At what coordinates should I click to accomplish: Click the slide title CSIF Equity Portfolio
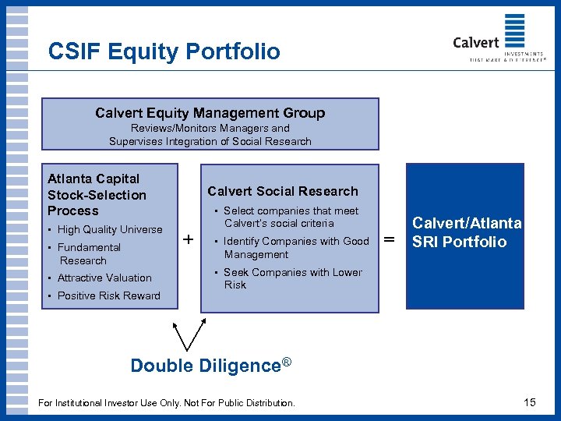click(164, 51)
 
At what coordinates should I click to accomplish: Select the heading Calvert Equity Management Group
click(210, 113)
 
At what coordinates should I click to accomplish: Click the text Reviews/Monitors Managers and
click(210, 128)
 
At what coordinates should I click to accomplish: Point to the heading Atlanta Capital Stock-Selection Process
click(97, 195)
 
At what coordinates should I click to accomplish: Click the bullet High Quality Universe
click(109, 229)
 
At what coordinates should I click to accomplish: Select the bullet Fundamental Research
click(89, 253)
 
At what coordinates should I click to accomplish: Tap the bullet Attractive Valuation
click(104, 278)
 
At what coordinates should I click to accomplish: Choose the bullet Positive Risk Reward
click(108, 295)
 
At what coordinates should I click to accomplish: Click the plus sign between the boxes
click(189, 239)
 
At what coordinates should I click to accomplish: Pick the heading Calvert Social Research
click(282, 191)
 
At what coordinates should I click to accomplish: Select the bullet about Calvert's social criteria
click(290, 217)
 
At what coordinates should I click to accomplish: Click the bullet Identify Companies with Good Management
click(295, 247)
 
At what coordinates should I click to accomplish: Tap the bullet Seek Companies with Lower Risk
click(292, 278)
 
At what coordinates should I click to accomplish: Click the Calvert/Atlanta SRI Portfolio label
click(466, 233)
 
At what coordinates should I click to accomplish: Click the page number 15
click(529, 402)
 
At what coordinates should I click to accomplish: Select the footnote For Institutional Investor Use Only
click(166, 403)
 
